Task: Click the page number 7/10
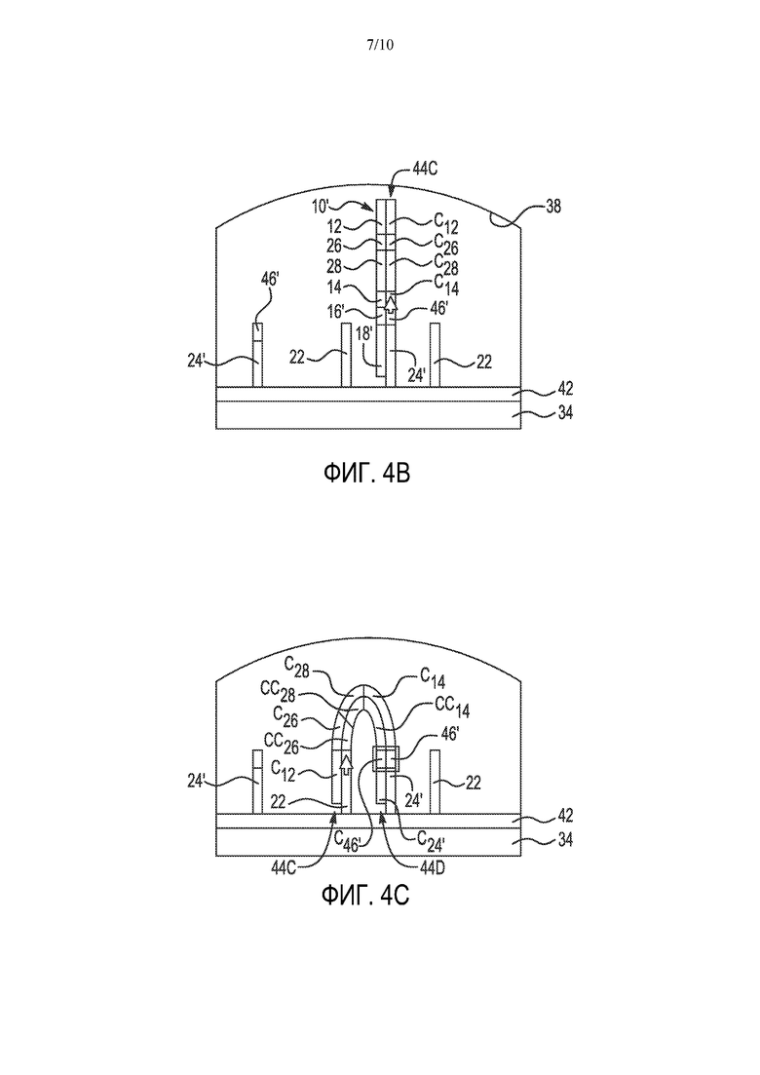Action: click(x=380, y=45)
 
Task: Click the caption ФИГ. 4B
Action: click(x=366, y=473)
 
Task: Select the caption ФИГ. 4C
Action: click(x=365, y=895)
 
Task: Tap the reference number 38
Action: click(x=553, y=205)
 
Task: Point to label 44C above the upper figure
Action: click(x=425, y=169)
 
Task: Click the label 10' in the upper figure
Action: click(x=321, y=206)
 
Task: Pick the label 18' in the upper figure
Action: click(x=364, y=333)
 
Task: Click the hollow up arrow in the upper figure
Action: click(x=391, y=304)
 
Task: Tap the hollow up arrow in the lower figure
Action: click(x=345, y=763)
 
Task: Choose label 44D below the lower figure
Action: click(x=433, y=868)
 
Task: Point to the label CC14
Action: click(x=452, y=708)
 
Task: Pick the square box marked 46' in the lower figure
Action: click(x=384, y=760)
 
